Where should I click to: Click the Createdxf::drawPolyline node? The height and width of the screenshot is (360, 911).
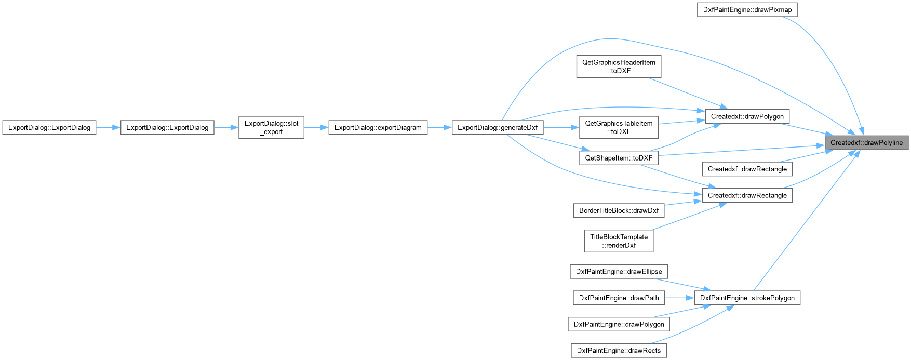pyautogui.click(x=866, y=143)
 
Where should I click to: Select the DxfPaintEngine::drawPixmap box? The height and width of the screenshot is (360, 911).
pyautogui.click(x=747, y=10)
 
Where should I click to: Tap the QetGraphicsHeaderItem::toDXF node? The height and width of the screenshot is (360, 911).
pyautogui.click(x=619, y=66)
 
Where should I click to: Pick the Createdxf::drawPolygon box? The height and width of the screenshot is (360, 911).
pyautogui.click(x=747, y=116)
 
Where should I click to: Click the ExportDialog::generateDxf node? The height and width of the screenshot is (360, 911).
pyautogui.click(x=498, y=127)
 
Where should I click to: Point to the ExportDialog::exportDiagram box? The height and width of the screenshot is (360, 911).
pyautogui.click(x=378, y=127)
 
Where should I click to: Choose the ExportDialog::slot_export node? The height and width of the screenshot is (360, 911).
pyautogui.click(x=271, y=127)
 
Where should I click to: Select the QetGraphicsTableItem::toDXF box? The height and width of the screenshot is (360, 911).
pyautogui.click(x=619, y=127)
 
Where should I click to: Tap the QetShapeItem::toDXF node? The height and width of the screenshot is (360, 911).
pyautogui.click(x=619, y=158)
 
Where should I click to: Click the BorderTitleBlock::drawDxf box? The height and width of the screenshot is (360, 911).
pyautogui.click(x=619, y=210)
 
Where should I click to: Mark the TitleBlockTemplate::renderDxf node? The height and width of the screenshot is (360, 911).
pyautogui.click(x=619, y=241)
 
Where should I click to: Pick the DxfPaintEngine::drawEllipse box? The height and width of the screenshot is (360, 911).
pyautogui.click(x=619, y=271)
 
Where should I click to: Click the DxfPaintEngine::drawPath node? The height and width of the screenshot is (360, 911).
pyautogui.click(x=619, y=298)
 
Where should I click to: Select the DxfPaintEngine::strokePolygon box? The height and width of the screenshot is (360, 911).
pyautogui.click(x=747, y=298)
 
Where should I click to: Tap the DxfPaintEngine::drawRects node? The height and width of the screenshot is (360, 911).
pyautogui.click(x=619, y=351)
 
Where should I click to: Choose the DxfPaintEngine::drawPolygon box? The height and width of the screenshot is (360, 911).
pyautogui.click(x=619, y=324)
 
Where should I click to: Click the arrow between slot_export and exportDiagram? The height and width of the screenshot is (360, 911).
pyautogui.click(x=316, y=127)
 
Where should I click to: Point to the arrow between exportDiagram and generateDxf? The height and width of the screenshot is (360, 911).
pyautogui.click(x=439, y=127)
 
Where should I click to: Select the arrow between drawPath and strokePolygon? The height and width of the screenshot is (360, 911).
pyautogui.click(x=679, y=298)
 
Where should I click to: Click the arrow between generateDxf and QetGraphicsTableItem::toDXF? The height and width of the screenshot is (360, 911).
pyautogui.click(x=561, y=127)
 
